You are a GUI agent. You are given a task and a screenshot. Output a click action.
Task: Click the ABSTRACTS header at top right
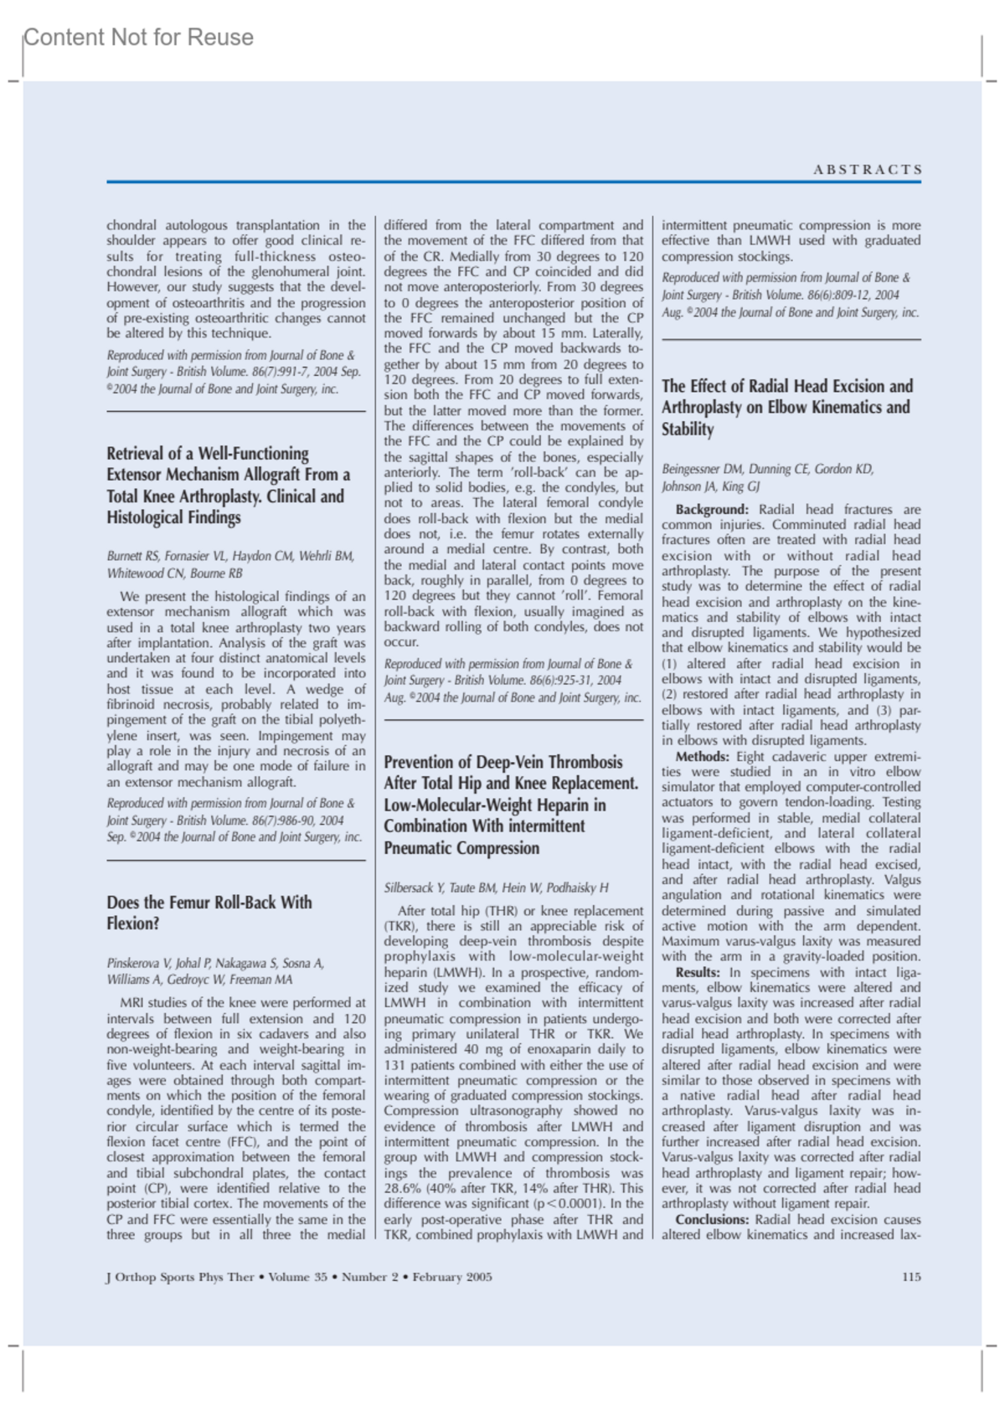point(868,170)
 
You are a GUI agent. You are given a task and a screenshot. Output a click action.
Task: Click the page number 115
point(911,1277)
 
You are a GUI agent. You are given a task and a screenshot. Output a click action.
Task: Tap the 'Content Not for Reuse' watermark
point(138,38)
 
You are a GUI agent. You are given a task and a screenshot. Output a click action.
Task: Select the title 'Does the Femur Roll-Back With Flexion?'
point(209,913)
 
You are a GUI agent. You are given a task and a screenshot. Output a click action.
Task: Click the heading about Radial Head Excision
point(787,408)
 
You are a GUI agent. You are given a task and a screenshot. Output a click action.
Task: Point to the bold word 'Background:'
point(712,509)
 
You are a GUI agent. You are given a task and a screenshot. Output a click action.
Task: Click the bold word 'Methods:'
point(703,756)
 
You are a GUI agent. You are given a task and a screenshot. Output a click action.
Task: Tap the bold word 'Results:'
point(698,972)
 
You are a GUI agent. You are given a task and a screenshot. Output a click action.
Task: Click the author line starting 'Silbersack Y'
point(496,888)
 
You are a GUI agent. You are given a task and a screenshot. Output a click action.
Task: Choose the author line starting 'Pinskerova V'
point(215,963)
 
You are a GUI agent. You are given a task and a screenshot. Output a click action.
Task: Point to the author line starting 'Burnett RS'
point(230,556)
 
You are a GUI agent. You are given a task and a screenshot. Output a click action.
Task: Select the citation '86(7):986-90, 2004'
point(293,821)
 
